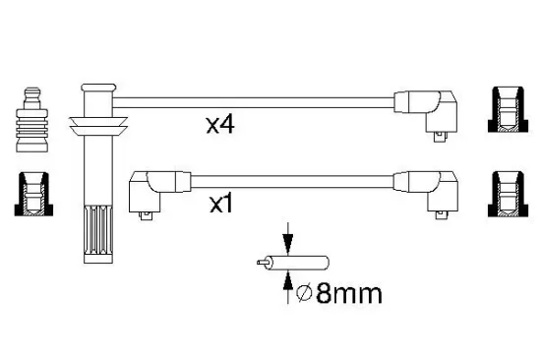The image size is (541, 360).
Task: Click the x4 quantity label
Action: (x=220, y=125)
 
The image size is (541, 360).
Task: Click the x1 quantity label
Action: (x=221, y=204)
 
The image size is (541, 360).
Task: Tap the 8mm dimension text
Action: (x=349, y=294)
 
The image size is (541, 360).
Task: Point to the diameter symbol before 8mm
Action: (x=304, y=293)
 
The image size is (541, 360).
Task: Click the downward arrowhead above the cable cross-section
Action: (x=288, y=241)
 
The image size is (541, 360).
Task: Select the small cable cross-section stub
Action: (x=293, y=263)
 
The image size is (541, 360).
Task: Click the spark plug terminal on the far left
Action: (x=31, y=119)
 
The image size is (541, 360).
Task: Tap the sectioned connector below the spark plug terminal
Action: (x=33, y=194)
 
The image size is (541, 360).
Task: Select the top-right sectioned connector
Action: (x=508, y=109)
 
